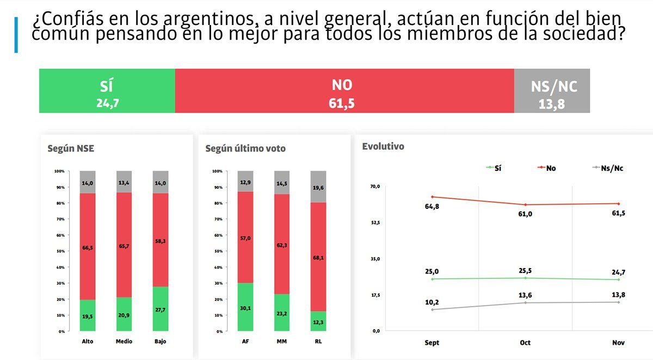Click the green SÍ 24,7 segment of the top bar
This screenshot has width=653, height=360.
[107, 91]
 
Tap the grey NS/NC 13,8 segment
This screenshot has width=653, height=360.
[552, 91]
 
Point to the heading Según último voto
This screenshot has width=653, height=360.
[245, 148]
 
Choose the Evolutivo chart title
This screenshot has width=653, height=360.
[383, 146]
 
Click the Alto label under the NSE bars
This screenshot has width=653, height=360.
[88, 342]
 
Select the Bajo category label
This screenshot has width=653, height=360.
[160, 342]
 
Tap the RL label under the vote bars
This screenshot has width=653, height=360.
[318, 342]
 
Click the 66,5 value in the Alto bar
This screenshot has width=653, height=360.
[88, 247]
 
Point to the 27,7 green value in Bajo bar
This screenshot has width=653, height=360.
[160, 308]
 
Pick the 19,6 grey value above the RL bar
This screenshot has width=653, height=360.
[318, 188]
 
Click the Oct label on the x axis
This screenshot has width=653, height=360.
[525, 343]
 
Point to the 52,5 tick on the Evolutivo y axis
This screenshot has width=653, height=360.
[375, 223]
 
